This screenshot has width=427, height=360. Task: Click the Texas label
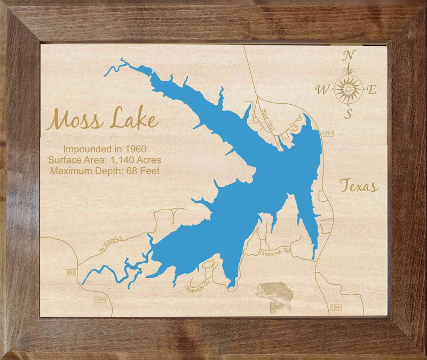[359, 186]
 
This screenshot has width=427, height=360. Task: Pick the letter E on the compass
[372, 90]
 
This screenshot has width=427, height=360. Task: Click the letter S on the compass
[348, 114]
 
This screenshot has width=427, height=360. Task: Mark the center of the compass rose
[348, 87]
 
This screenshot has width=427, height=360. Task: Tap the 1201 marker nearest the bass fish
[336, 308]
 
